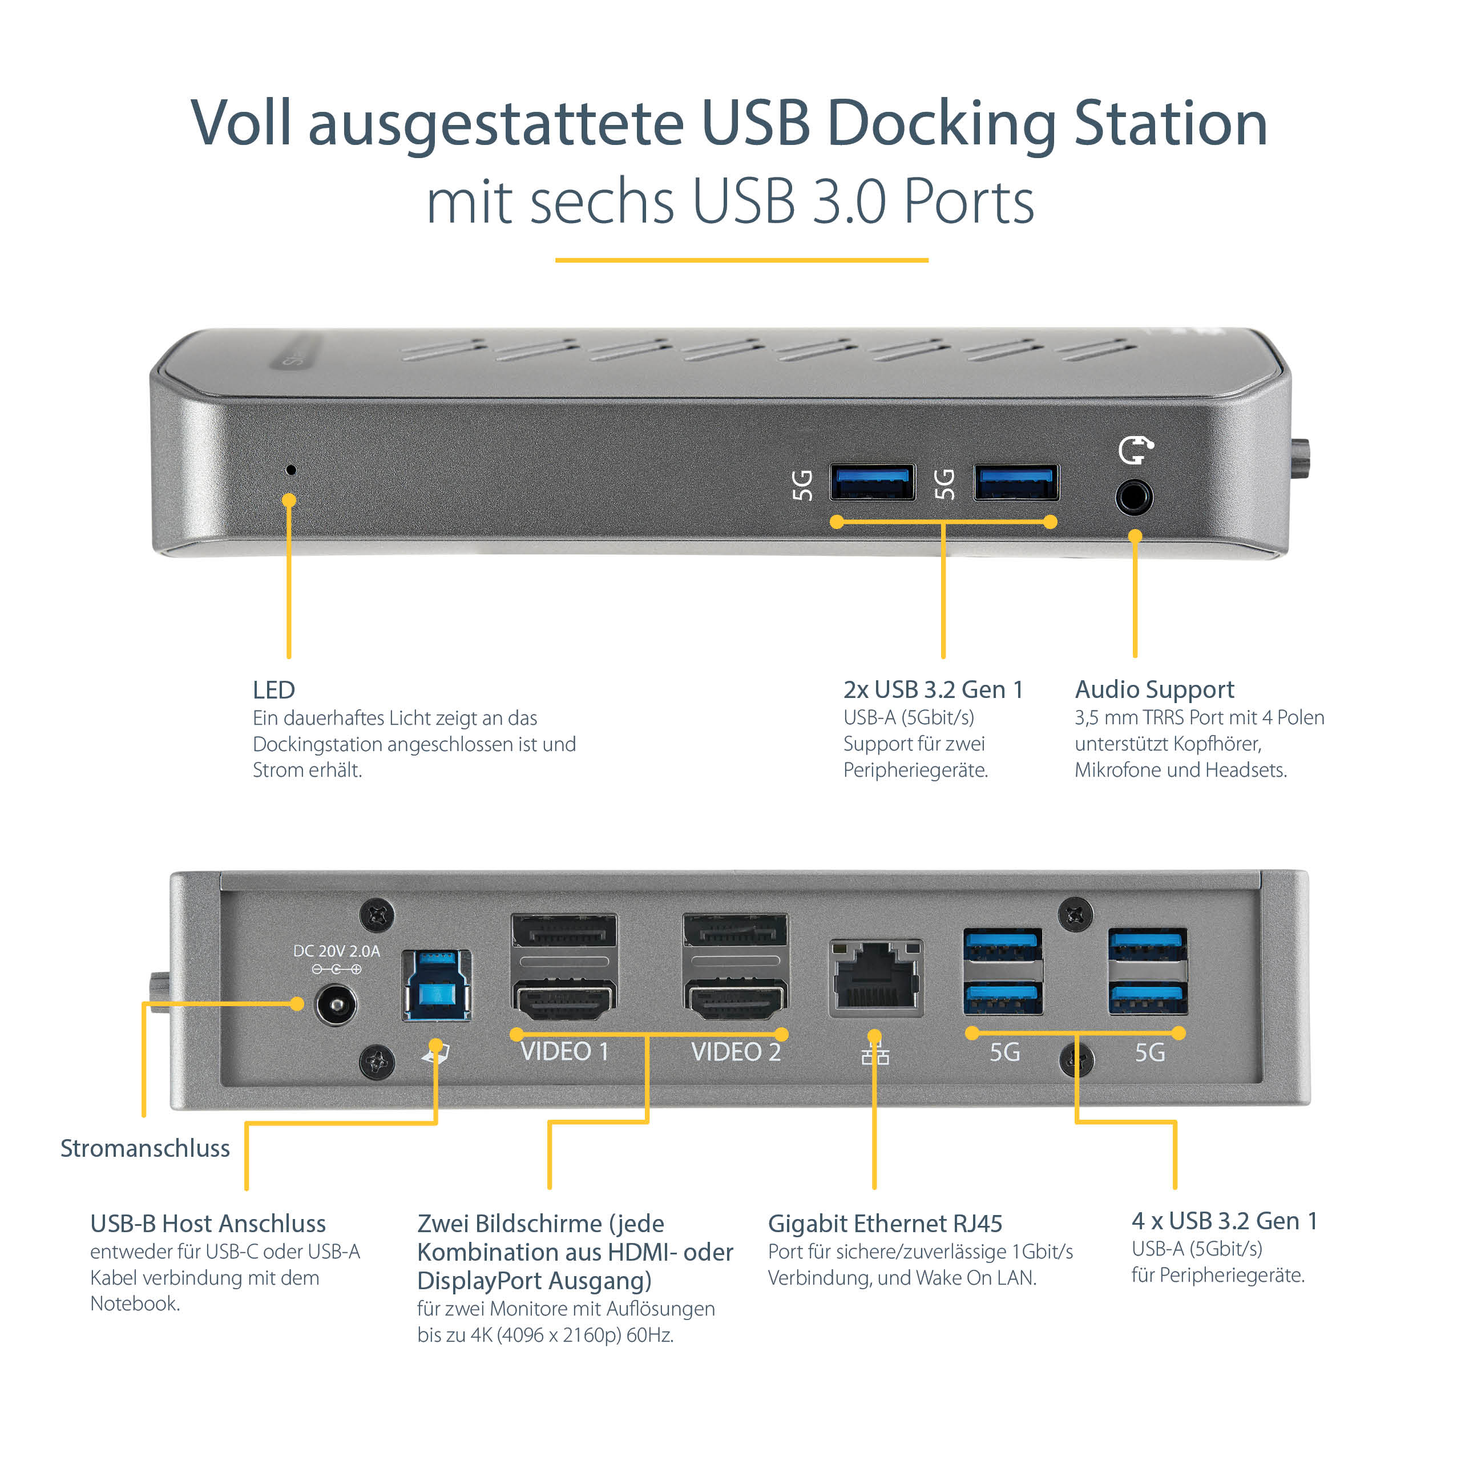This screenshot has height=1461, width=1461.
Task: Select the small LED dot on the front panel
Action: (x=291, y=470)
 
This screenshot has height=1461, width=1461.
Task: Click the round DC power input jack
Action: (x=335, y=1005)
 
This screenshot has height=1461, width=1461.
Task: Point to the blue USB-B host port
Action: (x=437, y=986)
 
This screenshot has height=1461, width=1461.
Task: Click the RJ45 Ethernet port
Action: (x=875, y=977)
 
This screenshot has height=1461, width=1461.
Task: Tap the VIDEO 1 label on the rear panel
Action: (x=564, y=1052)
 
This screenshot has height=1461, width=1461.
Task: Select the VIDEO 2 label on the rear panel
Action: (x=735, y=1052)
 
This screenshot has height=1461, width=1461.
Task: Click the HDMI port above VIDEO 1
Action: (x=564, y=1000)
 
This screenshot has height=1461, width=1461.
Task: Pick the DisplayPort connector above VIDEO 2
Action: (x=735, y=931)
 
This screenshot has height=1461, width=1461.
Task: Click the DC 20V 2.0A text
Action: (x=337, y=951)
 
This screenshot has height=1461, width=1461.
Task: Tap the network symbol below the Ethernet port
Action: (x=875, y=1054)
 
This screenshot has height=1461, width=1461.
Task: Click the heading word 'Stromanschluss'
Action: (x=145, y=1148)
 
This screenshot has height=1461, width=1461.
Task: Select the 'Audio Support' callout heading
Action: (x=1154, y=689)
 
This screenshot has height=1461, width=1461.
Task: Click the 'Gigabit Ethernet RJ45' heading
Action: (x=885, y=1223)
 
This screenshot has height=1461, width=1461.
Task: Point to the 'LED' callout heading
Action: (x=274, y=689)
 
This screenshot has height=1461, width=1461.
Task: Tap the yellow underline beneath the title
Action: (x=741, y=260)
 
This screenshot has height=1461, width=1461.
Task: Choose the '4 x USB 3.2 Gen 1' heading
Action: (x=1224, y=1221)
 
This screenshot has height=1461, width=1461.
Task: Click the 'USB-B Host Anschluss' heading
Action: (x=208, y=1223)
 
